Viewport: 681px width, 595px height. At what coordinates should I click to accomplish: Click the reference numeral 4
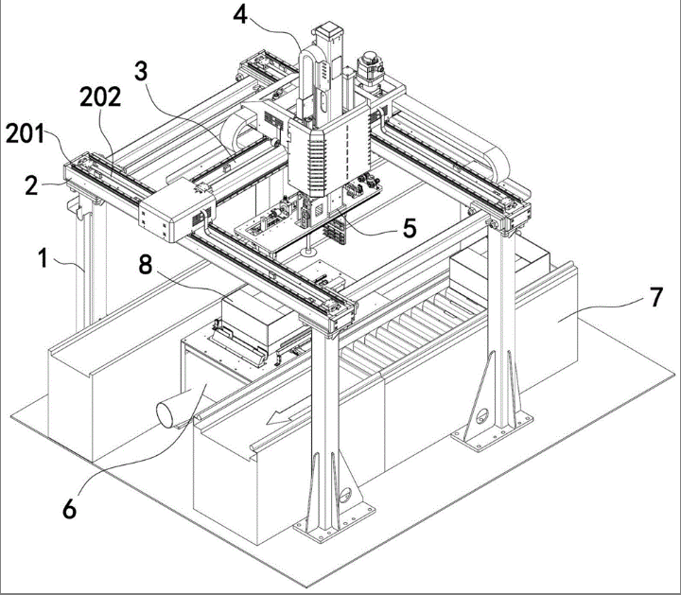pos(240,15)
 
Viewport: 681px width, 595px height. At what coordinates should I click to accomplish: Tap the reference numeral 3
pos(141,71)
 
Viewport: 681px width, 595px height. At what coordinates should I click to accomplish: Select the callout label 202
pos(100,96)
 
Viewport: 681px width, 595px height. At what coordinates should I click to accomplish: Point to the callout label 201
pos(25,133)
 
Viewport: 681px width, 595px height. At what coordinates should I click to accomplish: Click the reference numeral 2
pos(31,186)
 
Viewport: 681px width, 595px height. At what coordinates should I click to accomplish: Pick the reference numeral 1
pos(43,258)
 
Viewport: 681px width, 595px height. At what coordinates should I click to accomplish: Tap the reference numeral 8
pos(146,264)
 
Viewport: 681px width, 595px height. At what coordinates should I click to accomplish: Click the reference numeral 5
pos(410,228)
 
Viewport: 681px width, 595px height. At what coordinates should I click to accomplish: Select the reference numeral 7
pos(655,297)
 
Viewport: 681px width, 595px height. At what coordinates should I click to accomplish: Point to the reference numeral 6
pos(69,509)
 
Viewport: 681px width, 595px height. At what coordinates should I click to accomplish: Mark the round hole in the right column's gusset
pos(482,417)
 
